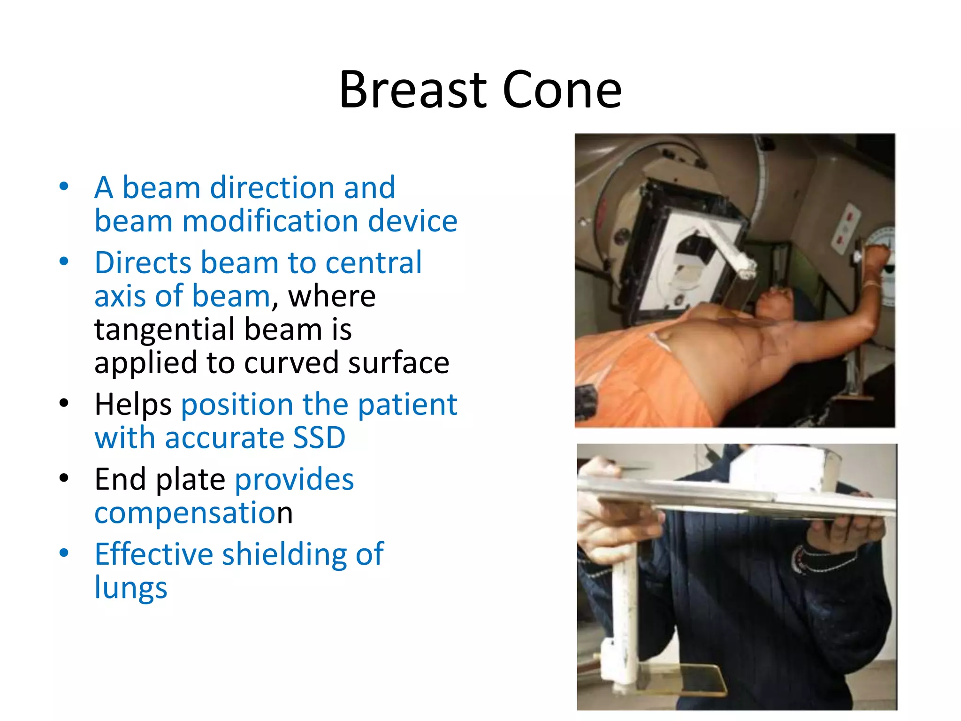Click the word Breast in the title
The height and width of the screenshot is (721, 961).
tap(413, 89)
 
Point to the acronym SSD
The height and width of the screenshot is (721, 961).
tap(319, 437)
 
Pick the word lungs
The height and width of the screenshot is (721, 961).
tap(130, 588)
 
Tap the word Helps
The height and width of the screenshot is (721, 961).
tap(133, 405)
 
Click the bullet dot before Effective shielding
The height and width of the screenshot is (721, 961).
tap(64, 553)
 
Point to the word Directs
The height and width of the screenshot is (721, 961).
tap(143, 262)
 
